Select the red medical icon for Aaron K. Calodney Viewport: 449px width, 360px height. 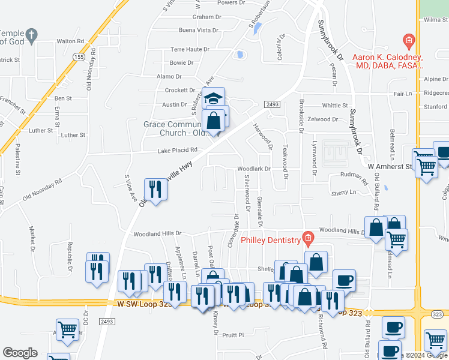pos(409,41)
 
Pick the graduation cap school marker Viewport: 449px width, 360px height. pos(213,98)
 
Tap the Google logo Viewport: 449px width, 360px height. pos(20,353)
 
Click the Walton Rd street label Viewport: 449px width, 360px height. pos(70,41)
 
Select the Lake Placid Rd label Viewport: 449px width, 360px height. pos(177,151)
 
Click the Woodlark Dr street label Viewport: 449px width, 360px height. pos(254,169)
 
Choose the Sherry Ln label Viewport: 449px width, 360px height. pos(343,193)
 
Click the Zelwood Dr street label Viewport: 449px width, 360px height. pos(322,119)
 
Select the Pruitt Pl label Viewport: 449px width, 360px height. pos(234,335)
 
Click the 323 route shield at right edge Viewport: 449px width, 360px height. pos(436,313)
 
